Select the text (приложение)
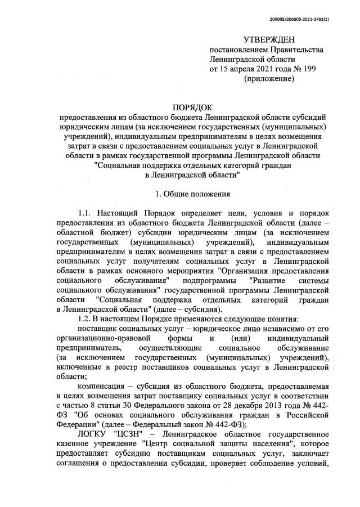tap(268, 79)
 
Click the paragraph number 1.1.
tap(85, 214)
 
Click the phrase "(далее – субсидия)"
tap(188, 309)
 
